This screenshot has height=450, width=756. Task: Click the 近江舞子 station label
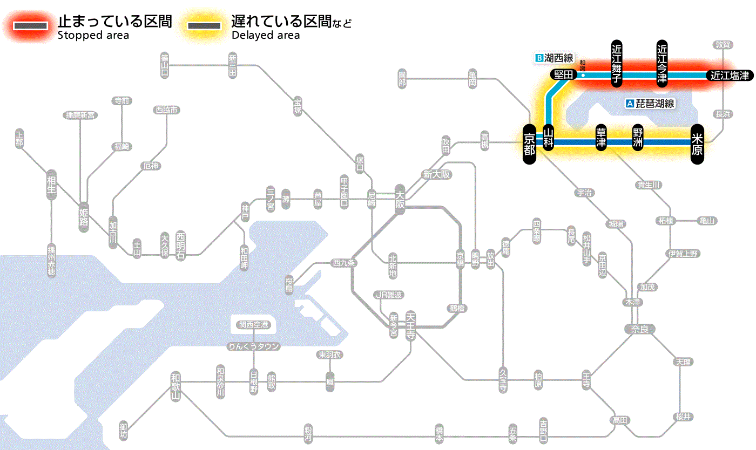(x=617, y=63)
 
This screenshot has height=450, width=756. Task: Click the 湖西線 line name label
(x=555, y=58)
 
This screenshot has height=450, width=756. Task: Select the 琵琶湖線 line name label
(x=650, y=104)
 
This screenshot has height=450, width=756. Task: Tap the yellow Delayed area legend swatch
(x=204, y=26)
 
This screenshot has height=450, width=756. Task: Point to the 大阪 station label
(x=400, y=200)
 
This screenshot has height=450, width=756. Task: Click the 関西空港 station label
(x=253, y=325)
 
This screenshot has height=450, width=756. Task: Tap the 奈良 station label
(x=639, y=329)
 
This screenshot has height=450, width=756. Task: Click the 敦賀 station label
(x=723, y=45)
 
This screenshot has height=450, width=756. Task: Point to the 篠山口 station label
(x=165, y=65)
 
